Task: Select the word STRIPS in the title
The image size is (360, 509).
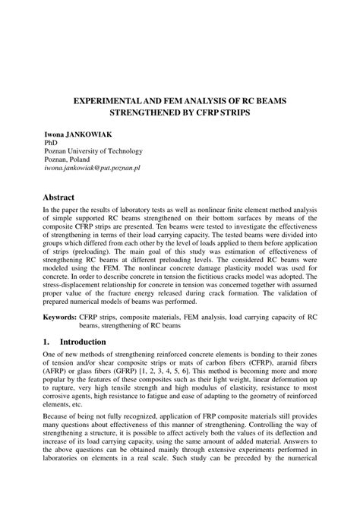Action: point(249,112)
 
